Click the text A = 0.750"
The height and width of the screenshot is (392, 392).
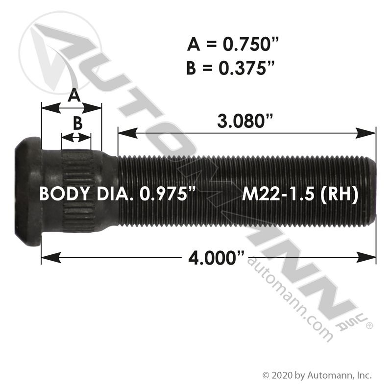pos(233,44)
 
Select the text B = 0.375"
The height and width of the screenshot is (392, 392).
pos(230,68)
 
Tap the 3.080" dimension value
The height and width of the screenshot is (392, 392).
pos(245,121)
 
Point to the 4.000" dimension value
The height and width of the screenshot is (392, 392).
pos(216,258)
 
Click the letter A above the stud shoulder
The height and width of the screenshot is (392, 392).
pos(74,95)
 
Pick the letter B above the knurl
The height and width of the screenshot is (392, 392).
pos(78,123)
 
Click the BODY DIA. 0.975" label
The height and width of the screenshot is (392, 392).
pos(117,194)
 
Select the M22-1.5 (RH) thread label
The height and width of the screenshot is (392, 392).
pos(300,194)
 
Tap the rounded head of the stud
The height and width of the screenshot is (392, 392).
pos(28,191)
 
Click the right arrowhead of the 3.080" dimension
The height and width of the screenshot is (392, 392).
pos(366,133)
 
